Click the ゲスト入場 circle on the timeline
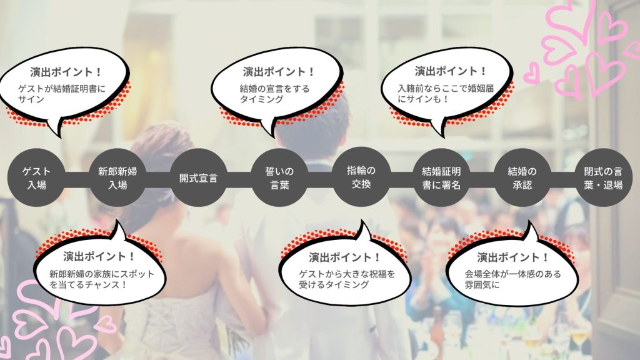(x=36, y=178)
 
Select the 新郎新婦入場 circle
(x=117, y=178)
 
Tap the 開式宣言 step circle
(x=198, y=178)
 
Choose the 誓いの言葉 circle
(x=279, y=178)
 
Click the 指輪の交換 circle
(x=361, y=177)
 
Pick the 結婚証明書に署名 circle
(x=441, y=178)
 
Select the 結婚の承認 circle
(x=522, y=178)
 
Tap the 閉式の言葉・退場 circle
(x=603, y=178)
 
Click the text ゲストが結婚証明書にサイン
(x=59, y=94)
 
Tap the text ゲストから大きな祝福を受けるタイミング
(x=347, y=279)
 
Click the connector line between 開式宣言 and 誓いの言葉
(x=239, y=178)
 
